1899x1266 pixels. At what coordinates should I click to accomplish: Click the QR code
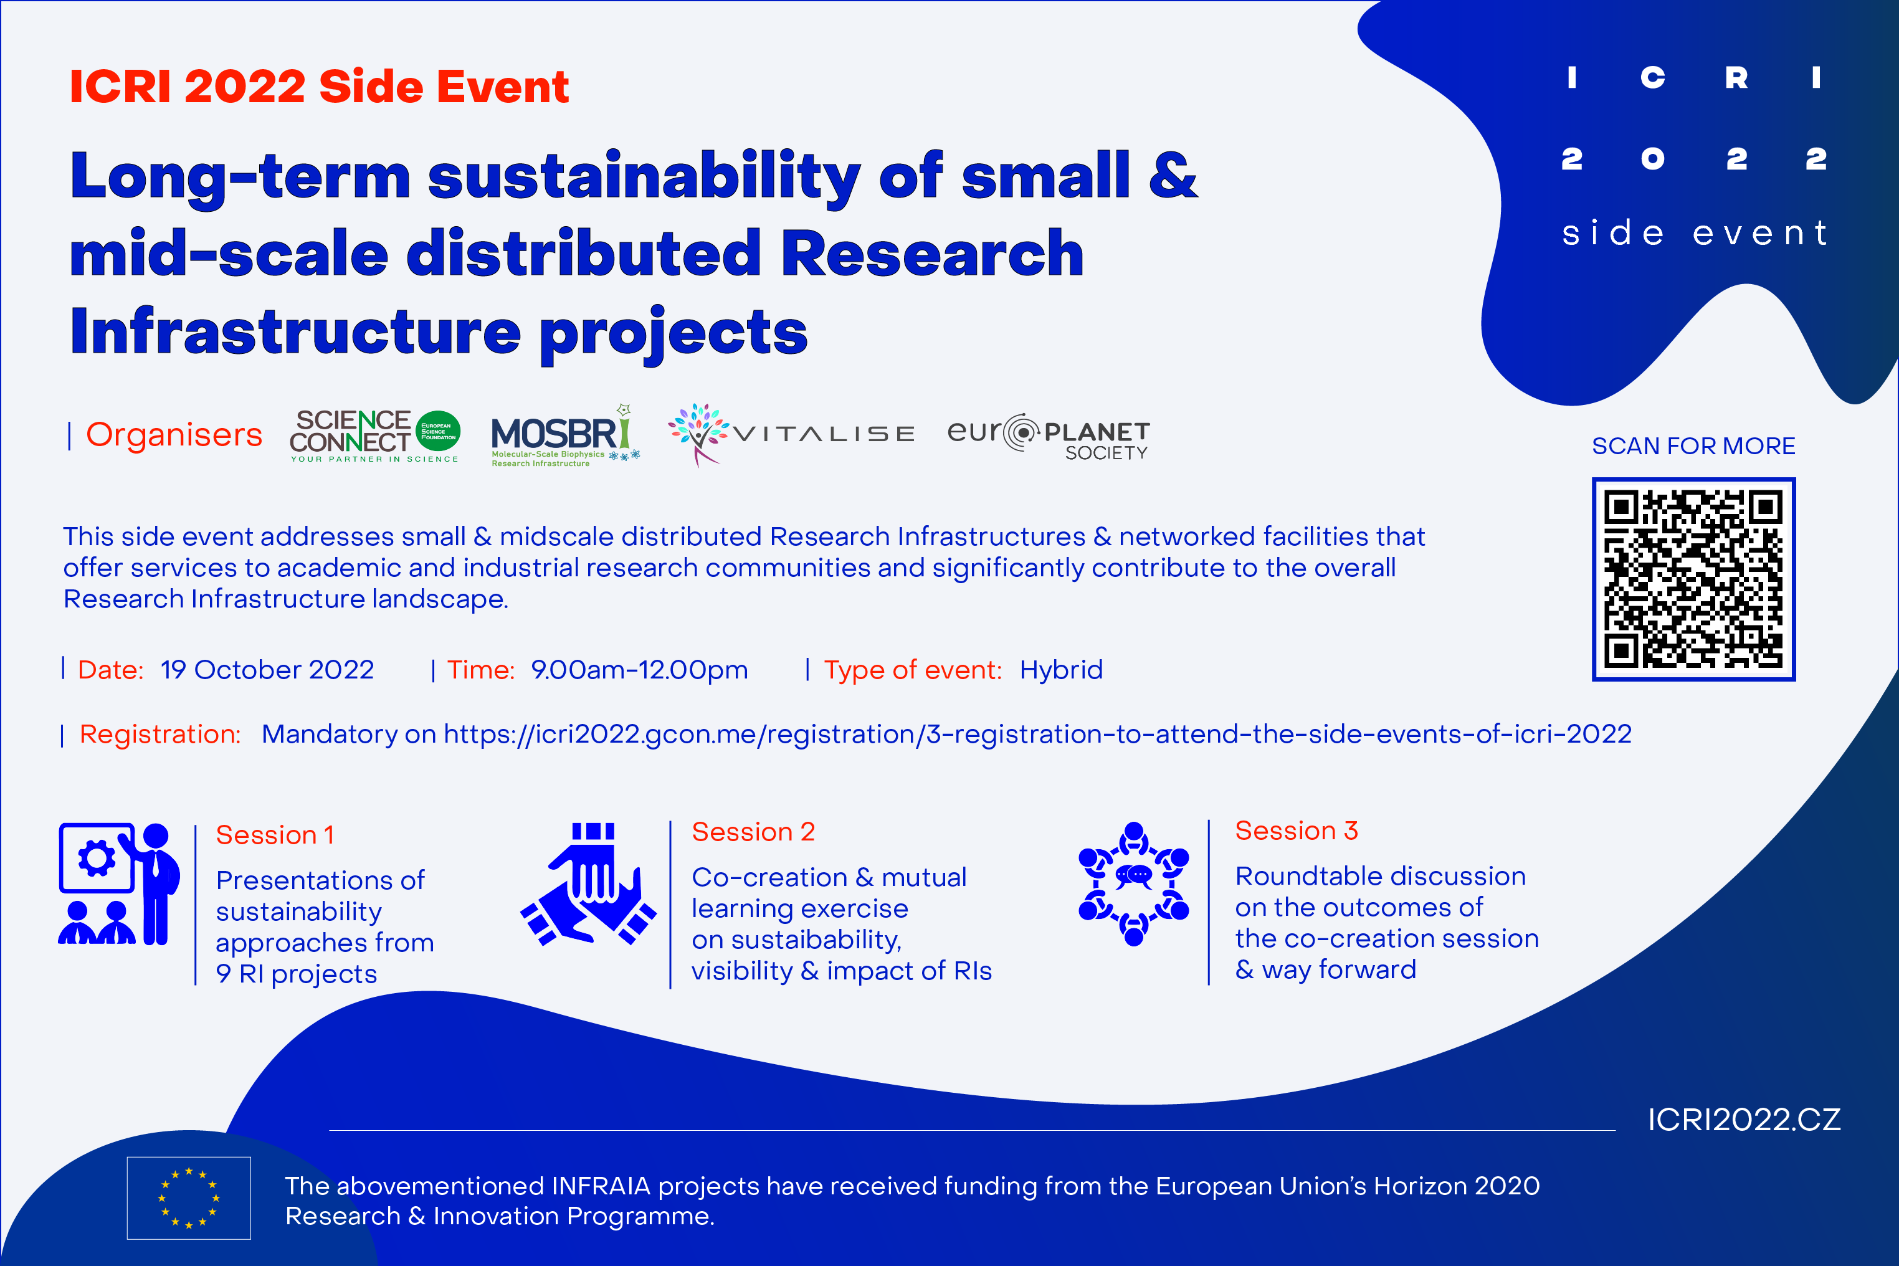(x=1693, y=579)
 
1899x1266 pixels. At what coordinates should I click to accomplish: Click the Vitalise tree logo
(x=698, y=434)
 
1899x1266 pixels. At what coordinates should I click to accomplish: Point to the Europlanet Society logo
(x=1048, y=437)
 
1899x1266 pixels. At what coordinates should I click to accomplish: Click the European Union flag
(x=189, y=1197)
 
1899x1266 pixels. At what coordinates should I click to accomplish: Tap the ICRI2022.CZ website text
(x=1744, y=1120)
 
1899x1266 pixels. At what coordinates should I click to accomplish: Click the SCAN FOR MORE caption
(x=1693, y=445)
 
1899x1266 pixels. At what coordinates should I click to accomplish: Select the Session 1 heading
(x=275, y=835)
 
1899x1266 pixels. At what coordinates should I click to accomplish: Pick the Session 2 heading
(x=753, y=832)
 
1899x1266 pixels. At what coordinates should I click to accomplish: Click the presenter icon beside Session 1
(x=118, y=884)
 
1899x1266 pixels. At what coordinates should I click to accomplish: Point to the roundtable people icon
(x=1133, y=884)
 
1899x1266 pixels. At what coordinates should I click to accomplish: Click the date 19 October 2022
(x=267, y=670)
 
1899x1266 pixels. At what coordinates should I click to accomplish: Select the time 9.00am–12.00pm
(x=639, y=670)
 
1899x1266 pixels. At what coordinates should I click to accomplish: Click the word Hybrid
(x=1061, y=670)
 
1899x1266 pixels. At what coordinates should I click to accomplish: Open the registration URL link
(x=1037, y=734)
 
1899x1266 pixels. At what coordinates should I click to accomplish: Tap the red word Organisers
(x=174, y=434)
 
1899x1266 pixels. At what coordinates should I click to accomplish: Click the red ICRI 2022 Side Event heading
(x=319, y=87)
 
